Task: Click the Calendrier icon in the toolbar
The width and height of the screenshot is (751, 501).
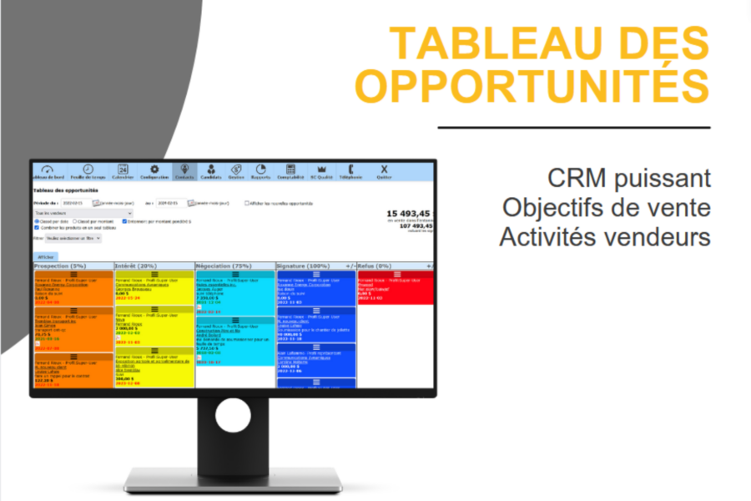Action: pos(123,172)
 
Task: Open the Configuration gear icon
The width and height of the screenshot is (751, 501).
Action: pos(154,172)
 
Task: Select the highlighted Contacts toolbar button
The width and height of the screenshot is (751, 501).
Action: pos(184,172)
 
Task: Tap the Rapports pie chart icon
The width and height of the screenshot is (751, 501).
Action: pos(260,172)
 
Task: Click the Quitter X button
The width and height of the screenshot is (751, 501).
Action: pos(384,172)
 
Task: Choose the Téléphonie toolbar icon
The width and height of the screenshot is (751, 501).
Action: pos(350,172)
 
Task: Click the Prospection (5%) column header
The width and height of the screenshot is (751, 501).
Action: pos(60,266)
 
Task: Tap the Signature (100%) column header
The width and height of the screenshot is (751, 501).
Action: pos(305,266)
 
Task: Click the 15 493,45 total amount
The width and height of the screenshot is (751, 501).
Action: pos(410,214)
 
